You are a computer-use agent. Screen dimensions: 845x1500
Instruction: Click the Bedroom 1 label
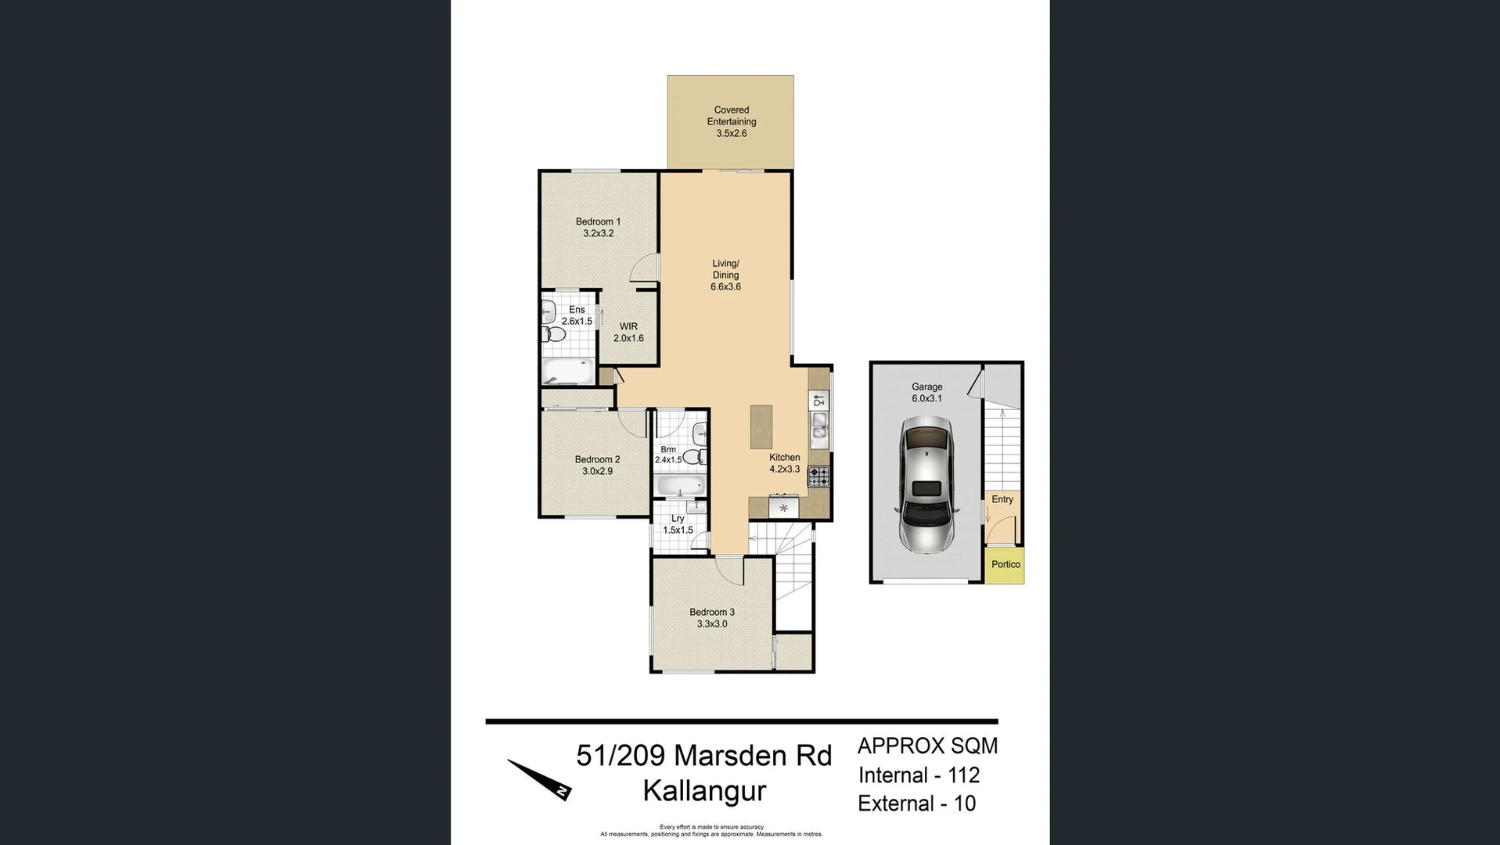(598, 222)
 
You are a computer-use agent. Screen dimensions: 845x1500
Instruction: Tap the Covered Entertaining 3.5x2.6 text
(731, 121)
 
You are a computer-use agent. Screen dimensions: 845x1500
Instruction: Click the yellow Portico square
(1005, 565)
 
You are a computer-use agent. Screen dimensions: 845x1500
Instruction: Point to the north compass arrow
(539, 779)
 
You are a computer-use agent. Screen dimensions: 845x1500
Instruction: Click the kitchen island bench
(761, 426)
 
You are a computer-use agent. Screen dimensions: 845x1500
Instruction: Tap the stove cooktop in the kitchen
(818, 476)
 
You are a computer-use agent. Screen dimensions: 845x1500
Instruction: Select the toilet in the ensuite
(554, 335)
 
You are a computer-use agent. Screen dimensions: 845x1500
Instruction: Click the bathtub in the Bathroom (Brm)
(680, 487)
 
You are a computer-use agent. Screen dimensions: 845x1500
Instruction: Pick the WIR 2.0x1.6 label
(628, 333)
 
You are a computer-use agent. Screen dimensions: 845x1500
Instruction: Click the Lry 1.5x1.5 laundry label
(678, 524)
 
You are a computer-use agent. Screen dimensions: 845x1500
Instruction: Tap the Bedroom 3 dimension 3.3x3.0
(712, 624)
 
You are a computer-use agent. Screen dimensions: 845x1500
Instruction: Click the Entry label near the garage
(1002, 499)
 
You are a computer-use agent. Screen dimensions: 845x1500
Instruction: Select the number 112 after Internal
(963, 775)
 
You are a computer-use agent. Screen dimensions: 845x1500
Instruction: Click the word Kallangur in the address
(704, 791)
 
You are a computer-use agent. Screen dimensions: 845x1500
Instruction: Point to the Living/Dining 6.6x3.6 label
(725, 275)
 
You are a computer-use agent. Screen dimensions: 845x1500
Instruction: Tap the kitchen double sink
(819, 426)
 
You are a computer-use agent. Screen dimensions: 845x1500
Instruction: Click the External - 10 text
(916, 804)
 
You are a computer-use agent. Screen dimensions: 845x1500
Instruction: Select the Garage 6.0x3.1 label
(926, 393)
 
